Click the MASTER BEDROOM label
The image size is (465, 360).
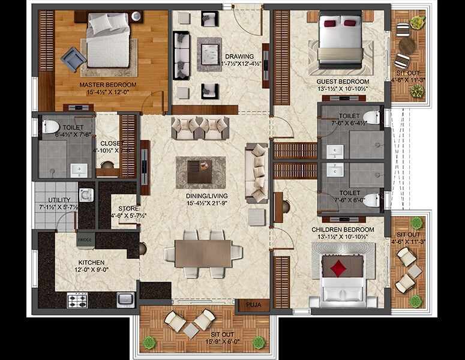[x=108, y=85]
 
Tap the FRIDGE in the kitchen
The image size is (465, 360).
[x=83, y=241]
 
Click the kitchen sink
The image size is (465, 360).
[x=125, y=299]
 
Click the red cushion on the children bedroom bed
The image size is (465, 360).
[x=340, y=266]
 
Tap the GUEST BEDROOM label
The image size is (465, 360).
[x=343, y=81]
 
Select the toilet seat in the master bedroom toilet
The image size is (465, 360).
[x=50, y=127]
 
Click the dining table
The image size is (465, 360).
[x=203, y=252]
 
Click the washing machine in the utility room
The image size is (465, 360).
[x=86, y=195]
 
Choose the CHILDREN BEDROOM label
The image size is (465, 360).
[x=343, y=230]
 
